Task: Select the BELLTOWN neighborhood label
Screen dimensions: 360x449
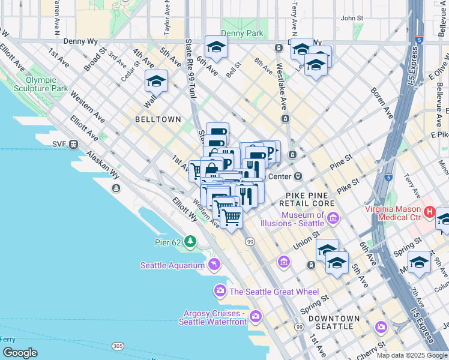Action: point(158,119)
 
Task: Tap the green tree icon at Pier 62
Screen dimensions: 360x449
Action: point(190,241)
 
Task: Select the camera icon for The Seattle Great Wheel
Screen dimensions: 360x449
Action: point(220,292)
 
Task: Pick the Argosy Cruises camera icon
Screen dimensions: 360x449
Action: point(256,316)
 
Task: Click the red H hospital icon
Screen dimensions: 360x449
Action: point(430,211)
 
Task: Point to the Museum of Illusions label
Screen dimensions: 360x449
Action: point(294,220)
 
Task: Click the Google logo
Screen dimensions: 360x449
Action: point(20,353)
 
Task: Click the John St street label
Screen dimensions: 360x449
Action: point(352,19)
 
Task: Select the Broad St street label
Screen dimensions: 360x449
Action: point(95,60)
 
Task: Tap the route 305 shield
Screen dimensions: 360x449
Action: point(118,346)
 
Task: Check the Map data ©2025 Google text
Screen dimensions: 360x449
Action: point(411,355)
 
